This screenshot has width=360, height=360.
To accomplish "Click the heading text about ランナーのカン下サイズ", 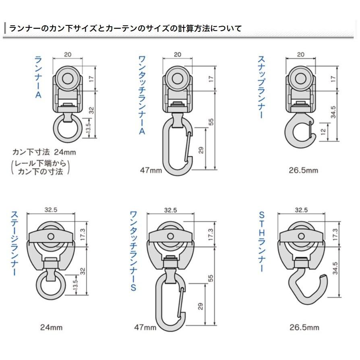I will coord(125,29).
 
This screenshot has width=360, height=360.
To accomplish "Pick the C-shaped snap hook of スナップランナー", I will coord(298,132).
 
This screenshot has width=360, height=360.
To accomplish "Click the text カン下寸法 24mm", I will coord(44,152).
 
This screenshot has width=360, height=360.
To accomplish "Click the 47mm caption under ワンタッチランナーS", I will coord(145,327).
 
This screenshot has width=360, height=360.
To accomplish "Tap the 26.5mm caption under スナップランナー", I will coord(303,170).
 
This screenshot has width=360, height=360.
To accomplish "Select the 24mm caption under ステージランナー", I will coord(51,327).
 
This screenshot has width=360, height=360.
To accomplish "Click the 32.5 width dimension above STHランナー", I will coord(301,210).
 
